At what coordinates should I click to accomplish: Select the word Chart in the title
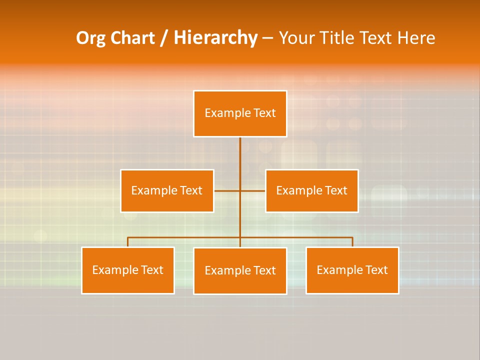[132, 38]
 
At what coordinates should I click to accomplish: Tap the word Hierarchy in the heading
[215, 38]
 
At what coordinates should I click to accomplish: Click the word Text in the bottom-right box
[376, 270]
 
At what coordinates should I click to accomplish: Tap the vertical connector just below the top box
[240, 150]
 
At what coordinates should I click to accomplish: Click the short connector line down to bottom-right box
[352, 242]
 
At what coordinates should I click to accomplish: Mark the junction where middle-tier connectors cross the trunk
[240, 190]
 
